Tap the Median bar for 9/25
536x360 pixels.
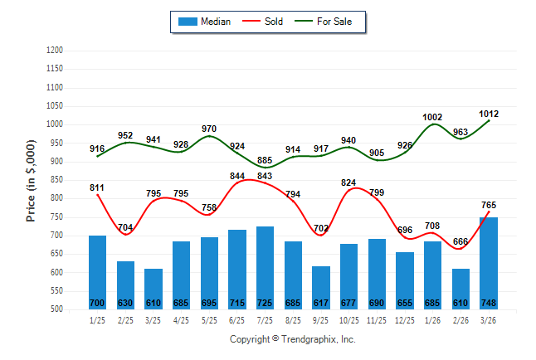coord(321,287)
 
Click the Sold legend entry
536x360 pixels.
coord(273,22)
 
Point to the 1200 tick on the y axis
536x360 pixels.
coord(54,51)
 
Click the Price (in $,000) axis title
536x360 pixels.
coord(32,180)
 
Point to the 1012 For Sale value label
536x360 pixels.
coord(489,114)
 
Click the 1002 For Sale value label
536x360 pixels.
coord(432,118)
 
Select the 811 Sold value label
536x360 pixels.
coord(97,188)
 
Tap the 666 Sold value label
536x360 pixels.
coord(460,241)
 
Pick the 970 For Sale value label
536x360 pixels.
coord(209,129)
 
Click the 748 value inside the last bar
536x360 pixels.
coord(489,302)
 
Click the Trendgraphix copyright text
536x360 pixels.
coord(292,339)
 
